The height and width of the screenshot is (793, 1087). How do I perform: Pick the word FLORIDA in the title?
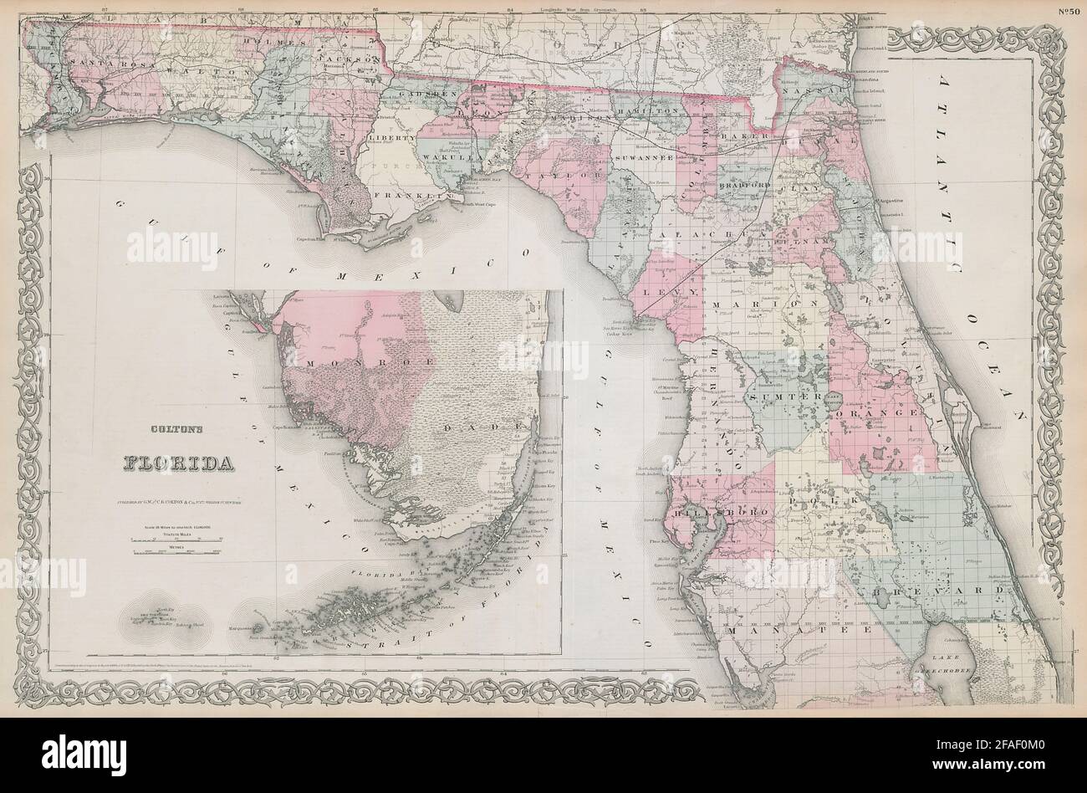(x=181, y=462)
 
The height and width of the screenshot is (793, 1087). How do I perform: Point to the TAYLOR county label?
(x=552, y=175)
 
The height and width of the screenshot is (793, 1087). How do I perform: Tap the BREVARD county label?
(x=962, y=591)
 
